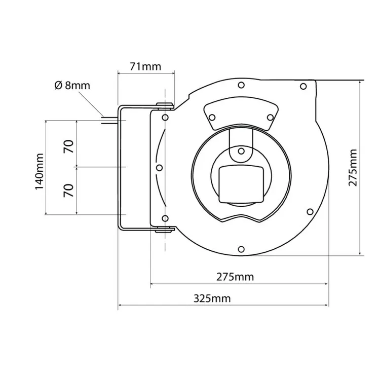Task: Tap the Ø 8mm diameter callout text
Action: [x=72, y=85]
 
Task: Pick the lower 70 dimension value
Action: [x=69, y=190]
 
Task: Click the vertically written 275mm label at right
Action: [x=353, y=168]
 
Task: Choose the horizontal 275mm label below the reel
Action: [x=235, y=277]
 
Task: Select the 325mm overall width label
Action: [x=212, y=298]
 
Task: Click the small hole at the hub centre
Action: [x=241, y=151]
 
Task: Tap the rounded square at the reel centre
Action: [x=241, y=183]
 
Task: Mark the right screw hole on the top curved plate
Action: [x=270, y=118]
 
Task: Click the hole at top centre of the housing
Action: [x=241, y=85]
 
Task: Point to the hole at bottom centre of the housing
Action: [x=241, y=249]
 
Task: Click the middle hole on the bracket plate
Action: [x=159, y=167]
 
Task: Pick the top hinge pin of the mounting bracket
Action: [x=165, y=105]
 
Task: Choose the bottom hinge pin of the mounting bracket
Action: [x=165, y=231]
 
